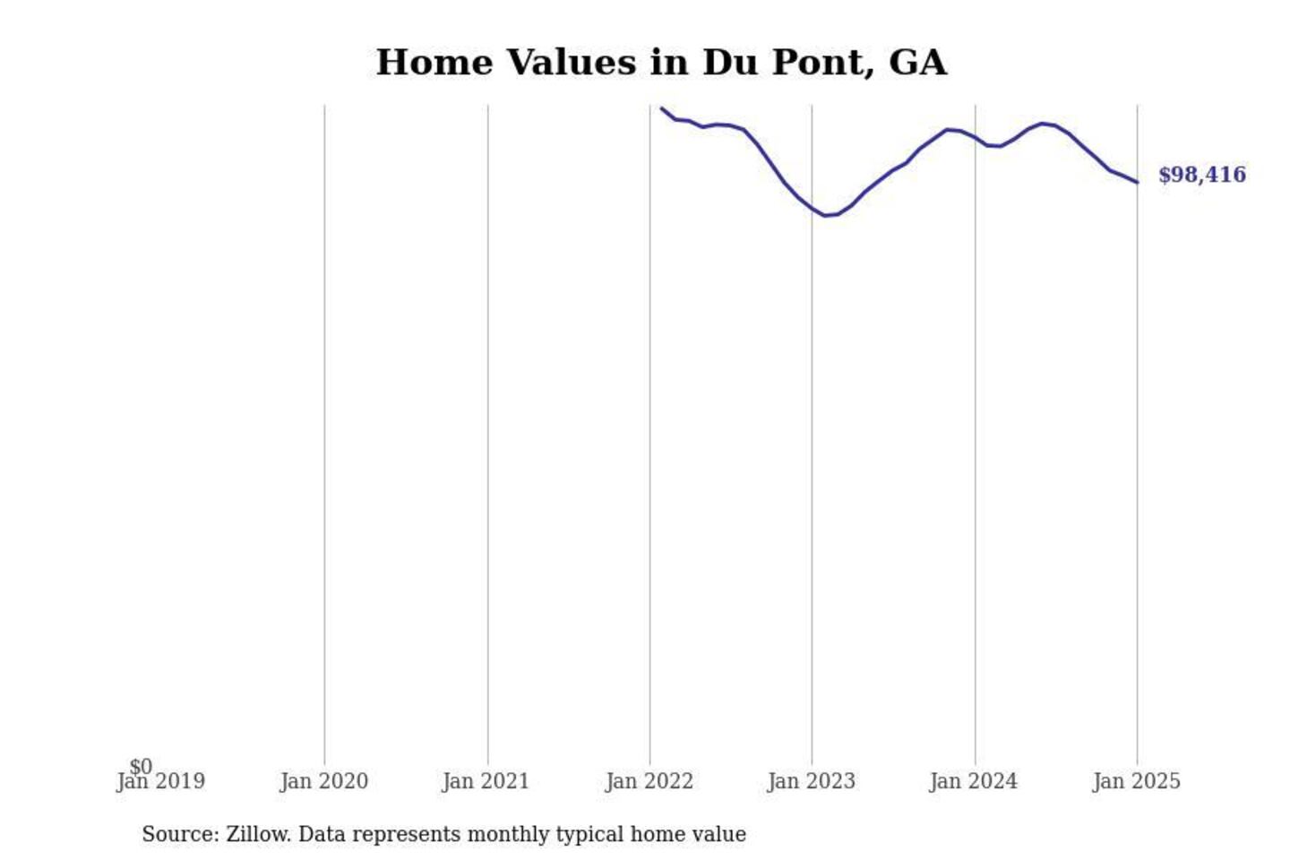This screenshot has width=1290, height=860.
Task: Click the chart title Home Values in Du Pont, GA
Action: point(661,63)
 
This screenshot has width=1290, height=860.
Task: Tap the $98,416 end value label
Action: point(1201,175)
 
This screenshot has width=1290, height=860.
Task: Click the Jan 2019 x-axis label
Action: point(161,782)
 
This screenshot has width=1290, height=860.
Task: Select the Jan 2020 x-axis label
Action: point(323,782)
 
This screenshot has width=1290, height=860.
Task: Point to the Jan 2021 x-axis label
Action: point(486,782)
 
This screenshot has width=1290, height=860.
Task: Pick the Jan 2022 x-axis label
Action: point(649,782)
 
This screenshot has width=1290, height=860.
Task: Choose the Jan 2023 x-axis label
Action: point(812,782)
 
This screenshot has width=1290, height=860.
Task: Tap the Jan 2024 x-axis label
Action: point(974,782)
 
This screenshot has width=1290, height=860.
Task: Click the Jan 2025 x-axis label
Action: point(1137,782)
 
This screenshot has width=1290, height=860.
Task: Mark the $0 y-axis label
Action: point(141,767)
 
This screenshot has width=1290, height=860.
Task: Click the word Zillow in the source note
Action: point(258,835)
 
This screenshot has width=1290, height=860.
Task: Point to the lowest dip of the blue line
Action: point(826,215)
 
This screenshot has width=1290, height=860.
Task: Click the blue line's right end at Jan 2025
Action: point(1137,183)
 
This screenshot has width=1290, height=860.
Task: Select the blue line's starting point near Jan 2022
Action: point(662,108)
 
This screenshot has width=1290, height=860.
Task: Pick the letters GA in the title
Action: point(918,63)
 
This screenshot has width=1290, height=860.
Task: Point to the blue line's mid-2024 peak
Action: point(1043,124)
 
